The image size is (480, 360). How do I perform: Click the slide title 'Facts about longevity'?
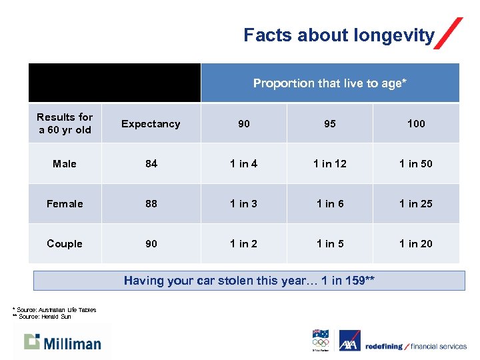pos(339,35)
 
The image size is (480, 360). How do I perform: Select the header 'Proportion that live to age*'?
pos(329,83)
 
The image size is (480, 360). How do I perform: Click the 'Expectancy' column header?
pos(151,123)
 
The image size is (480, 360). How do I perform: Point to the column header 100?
pos(416,123)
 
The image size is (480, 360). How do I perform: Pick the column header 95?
pos(329,123)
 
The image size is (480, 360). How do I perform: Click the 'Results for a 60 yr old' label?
pos(65,123)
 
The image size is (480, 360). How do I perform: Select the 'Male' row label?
pos(65,163)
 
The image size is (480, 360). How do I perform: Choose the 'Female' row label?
pos(65,203)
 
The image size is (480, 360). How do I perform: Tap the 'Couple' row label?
pos(65,243)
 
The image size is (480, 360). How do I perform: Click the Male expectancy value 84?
pos(151,163)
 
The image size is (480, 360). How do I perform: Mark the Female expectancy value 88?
pos(151,203)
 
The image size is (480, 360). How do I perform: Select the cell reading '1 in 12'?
pos(330,163)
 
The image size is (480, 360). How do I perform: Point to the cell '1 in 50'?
pos(416,163)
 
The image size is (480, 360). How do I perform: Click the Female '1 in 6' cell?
pos(330,203)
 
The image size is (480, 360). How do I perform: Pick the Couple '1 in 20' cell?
pos(416,243)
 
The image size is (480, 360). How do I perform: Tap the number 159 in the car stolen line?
pos(353,281)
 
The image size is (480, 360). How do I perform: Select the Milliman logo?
pos(63,342)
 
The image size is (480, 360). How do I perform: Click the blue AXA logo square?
pos(349,341)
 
